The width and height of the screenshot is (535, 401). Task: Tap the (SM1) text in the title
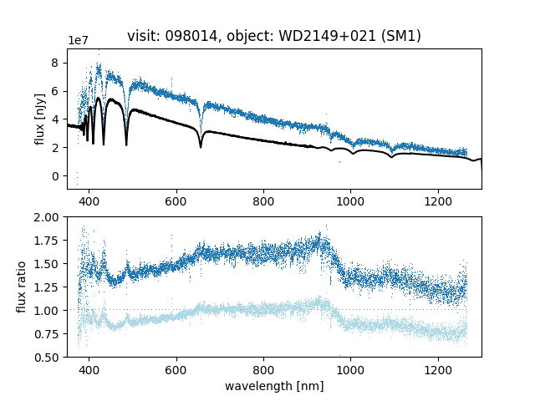401,36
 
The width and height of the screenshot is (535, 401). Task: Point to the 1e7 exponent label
79,41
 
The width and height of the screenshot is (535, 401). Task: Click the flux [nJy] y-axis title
39,119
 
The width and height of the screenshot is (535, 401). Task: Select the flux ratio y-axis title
23,287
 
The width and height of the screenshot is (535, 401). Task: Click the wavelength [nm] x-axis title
274,386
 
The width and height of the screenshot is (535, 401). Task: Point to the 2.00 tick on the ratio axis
48,217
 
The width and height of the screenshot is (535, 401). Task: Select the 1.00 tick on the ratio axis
48,311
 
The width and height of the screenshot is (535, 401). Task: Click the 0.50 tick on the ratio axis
48,358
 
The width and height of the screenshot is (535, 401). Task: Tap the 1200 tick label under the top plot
438,201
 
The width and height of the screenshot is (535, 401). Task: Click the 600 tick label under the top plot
176,201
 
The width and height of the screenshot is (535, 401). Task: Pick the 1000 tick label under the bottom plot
350,369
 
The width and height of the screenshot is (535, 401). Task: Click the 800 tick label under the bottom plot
263,369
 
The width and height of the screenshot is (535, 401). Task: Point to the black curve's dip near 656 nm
201,146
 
